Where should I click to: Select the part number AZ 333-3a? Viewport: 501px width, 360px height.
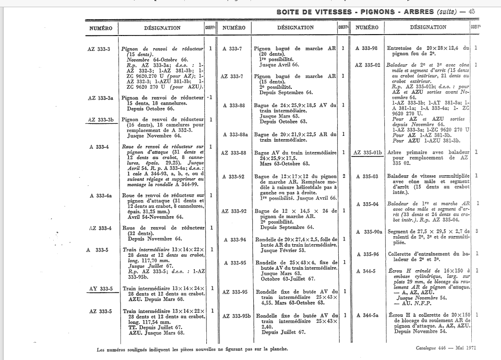(x=100, y=98)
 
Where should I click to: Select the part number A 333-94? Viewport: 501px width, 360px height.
(x=234, y=240)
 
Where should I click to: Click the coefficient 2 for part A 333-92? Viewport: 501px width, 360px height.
(x=344, y=176)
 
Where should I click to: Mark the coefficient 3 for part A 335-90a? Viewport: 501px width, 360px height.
(x=476, y=232)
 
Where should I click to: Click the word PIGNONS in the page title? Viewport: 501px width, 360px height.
(x=381, y=11)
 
